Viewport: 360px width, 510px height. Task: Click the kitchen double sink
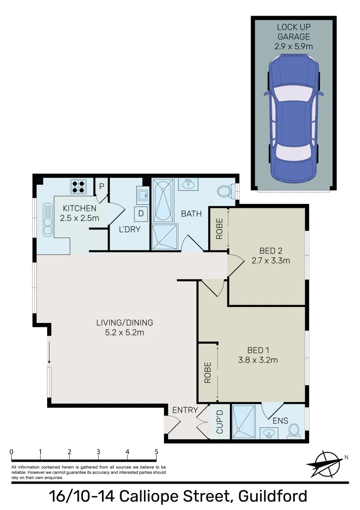coord(48,220)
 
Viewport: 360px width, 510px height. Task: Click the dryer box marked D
coord(141,213)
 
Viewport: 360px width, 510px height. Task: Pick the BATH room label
coord(191,214)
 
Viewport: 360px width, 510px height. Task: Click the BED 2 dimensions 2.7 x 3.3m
coord(271,260)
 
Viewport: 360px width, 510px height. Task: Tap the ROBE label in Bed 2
coord(219,229)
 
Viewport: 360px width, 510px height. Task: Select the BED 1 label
coord(258,350)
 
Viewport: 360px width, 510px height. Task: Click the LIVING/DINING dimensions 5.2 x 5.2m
coord(125,332)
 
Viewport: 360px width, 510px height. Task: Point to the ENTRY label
coord(185,410)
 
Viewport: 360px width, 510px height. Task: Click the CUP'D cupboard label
coord(219,423)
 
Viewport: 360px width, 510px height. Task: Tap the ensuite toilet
coord(294,430)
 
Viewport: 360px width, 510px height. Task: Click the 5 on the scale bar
coord(156,452)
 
